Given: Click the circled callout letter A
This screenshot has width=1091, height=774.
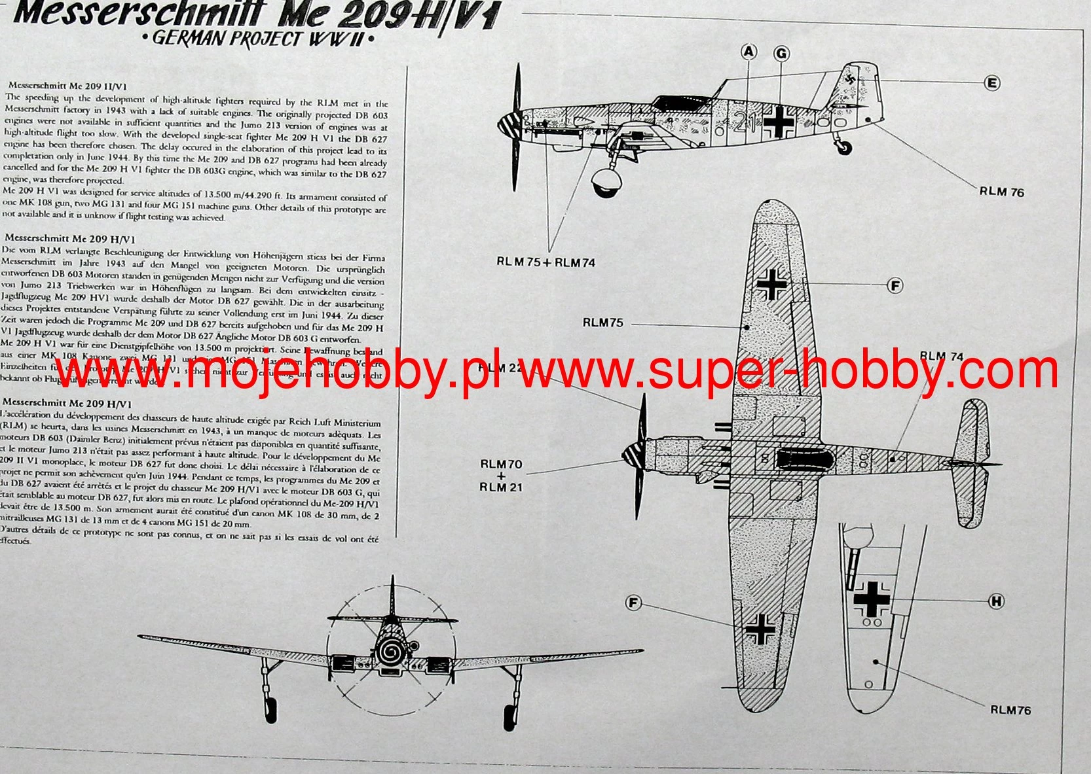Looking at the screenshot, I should click(749, 52).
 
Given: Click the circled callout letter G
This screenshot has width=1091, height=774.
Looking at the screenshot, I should click(781, 54).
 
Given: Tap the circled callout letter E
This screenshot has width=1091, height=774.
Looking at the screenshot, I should click(992, 82).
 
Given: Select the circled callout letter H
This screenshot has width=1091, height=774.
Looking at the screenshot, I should click(996, 601).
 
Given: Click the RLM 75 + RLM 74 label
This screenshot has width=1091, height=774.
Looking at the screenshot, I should click(545, 262).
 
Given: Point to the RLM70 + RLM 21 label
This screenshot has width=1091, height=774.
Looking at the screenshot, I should click(501, 476).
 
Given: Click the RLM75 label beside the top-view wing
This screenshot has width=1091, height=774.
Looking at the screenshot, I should click(602, 323).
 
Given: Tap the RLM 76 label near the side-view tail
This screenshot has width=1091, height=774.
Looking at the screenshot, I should click(1001, 192).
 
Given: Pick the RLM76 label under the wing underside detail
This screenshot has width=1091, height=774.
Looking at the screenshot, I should click(1010, 710).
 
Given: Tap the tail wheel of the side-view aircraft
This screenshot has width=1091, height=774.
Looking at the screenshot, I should click(845, 148).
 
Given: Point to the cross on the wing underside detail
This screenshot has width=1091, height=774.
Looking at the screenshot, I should click(871, 599).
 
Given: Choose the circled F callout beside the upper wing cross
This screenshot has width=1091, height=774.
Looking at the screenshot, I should click(894, 285).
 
